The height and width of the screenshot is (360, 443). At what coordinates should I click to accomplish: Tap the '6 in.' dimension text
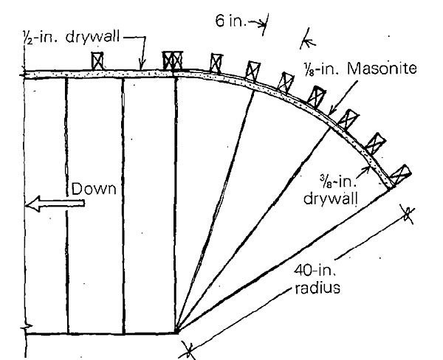[231, 21]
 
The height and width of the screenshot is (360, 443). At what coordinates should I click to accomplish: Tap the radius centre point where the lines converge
[177, 331]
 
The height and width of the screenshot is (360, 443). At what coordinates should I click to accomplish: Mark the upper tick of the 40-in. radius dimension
[407, 215]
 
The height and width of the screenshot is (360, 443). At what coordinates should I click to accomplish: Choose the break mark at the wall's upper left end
[25, 72]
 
